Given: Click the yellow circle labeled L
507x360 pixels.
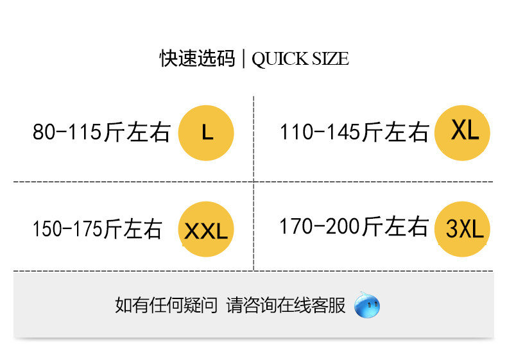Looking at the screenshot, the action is [x=206, y=133].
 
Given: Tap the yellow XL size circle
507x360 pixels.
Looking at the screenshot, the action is [x=462, y=133].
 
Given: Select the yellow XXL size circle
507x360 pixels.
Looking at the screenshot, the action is [x=206, y=229].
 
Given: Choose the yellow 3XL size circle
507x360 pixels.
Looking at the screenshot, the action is [x=462, y=229].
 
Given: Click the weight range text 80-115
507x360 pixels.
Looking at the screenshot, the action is [x=67, y=132].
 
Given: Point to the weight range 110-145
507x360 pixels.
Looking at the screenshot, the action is [x=320, y=132].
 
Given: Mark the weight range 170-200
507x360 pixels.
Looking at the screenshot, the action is [x=320, y=226].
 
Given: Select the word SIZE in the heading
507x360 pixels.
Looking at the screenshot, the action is [x=331, y=58].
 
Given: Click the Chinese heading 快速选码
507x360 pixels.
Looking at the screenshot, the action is [x=197, y=58].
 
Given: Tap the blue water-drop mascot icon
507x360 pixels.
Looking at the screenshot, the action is [x=367, y=305].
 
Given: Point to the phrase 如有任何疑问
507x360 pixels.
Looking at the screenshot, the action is [x=166, y=305].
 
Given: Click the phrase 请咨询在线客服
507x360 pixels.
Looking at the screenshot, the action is [x=286, y=305].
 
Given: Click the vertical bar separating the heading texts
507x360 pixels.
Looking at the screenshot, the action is [x=243, y=58].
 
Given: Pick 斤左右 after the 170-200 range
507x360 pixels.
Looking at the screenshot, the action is [x=395, y=226].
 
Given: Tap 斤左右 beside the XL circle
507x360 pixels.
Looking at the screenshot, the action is [x=396, y=132].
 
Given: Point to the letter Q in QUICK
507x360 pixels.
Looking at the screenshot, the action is [x=259, y=60].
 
